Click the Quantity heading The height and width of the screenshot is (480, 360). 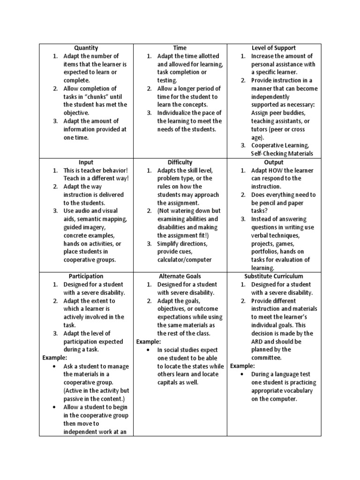tap(86, 48)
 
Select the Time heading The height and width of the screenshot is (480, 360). tap(180, 48)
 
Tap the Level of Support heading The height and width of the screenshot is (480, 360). tap(274, 48)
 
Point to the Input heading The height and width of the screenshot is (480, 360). tap(86, 162)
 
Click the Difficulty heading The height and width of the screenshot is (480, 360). tap(180, 162)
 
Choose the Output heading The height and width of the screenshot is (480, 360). tap(274, 162)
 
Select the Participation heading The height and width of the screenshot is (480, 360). tap(86, 276)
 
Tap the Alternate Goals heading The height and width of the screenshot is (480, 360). tap(180, 276)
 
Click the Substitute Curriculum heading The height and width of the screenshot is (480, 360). tap(274, 276)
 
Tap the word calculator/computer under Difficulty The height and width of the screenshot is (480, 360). tap(184, 260)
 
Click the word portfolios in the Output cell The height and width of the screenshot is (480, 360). tap(266, 252)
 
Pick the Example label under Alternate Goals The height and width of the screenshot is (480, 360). tap(149, 341)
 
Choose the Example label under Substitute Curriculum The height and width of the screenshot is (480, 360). tap(242, 366)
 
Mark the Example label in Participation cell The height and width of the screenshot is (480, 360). tap(55, 358)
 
